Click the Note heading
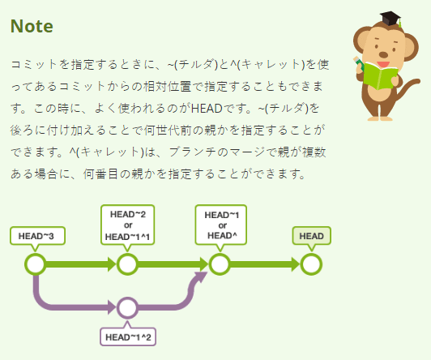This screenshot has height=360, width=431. [32, 27]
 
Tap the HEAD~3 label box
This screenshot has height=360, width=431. [37, 236]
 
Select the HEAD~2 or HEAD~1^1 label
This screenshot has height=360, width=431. [128, 225]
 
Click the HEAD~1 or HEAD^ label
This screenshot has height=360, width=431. [221, 225]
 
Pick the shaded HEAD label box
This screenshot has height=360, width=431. [311, 236]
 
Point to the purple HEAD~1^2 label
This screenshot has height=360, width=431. [128, 337]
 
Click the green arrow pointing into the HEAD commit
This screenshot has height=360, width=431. [265, 264]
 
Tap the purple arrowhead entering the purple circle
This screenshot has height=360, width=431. [112, 307]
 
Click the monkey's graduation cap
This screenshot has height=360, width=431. [390, 19]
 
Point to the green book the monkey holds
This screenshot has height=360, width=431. [380, 75]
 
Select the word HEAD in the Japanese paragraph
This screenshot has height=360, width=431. [207, 109]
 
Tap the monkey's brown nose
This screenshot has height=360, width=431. [383, 54]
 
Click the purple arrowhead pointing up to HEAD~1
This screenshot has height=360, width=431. [202, 276]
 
